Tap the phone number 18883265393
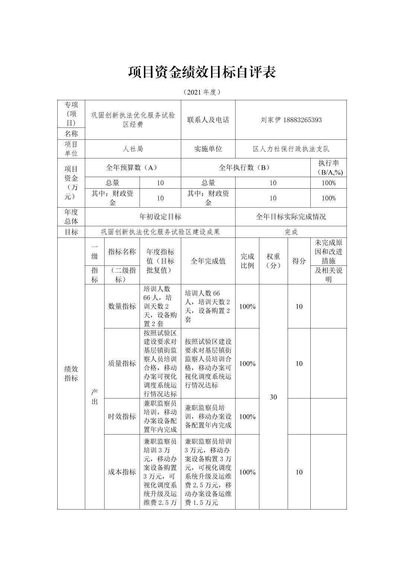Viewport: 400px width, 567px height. pyautogui.click(x=303, y=120)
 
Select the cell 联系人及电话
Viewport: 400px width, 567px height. pyautogui.click(x=208, y=120)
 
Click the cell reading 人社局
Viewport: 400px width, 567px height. pyautogui.click(x=133, y=149)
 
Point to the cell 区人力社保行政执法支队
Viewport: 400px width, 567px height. pyautogui.click(x=291, y=149)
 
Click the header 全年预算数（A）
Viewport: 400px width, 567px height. pyautogui.click(x=133, y=168)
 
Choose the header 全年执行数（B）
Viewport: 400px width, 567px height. pyautogui.click(x=245, y=168)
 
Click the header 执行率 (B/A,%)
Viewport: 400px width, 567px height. pyautogui.click(x=328, y=168)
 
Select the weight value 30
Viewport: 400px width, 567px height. pyautogui.click(x=273, y=397)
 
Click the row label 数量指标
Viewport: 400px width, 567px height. pyautogui.click(x=122, y=306)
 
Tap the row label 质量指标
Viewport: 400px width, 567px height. pyautogui.click(x=122, y=363)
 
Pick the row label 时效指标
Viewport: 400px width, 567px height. pyautogui.click(x=122, y=416)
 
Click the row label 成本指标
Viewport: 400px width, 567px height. pyautogui.click(x=122, y=472)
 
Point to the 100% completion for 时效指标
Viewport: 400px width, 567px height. pyautogui.click(x=247, y=416)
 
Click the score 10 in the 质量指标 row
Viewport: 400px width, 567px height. pyautogui.click(x=299, y=363)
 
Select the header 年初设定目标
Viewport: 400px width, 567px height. pyautogui.click(x=160, y=217)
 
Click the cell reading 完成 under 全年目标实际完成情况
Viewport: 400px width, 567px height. pyautogui.click(x=291, y=232)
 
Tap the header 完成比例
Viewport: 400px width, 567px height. pyautogui.click(x=247, y=261)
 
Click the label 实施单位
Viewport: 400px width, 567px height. pyautogui.click(x=208, y=149)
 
